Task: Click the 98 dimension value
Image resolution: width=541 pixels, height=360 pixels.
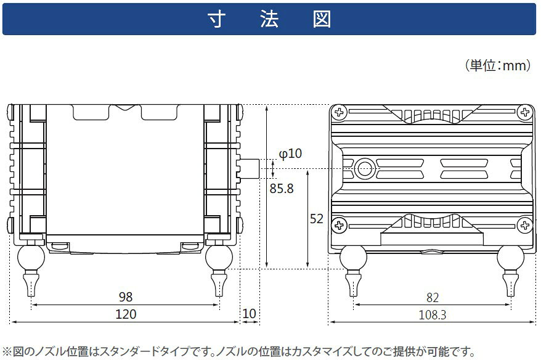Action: tap(126, 297)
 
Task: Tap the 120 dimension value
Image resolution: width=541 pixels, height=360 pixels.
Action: tap(126, 314)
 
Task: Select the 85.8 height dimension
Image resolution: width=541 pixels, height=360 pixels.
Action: tap(282, 189)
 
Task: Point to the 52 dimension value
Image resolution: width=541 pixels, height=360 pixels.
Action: tap(316, 219)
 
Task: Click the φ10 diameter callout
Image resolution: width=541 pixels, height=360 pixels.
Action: tap(290, 153)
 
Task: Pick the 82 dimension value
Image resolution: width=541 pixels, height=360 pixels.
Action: tap(433, 298)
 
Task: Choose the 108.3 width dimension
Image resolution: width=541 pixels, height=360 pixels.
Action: tap(433, 315)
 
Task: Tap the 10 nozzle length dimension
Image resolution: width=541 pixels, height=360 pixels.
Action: tap(249, 314)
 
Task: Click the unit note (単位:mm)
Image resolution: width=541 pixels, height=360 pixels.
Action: tap(498, 65)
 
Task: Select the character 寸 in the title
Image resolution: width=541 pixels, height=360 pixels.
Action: tap(217, 19)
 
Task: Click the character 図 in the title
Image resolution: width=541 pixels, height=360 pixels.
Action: tap(322, 19)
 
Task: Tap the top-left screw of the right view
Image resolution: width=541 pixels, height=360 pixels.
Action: tap(340, 112)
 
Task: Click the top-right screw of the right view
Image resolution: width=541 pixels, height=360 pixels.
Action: tap(525, 112)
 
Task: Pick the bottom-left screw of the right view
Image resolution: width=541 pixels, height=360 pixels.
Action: tap(339, 226)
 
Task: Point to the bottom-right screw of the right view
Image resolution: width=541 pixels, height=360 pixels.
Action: tap(525, 226)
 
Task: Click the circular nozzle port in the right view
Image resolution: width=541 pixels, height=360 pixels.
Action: tap(365, 169)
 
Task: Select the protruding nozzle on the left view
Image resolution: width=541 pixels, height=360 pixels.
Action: tap(249, 169)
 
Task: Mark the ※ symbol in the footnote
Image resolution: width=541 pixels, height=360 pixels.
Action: tap(7, 352)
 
